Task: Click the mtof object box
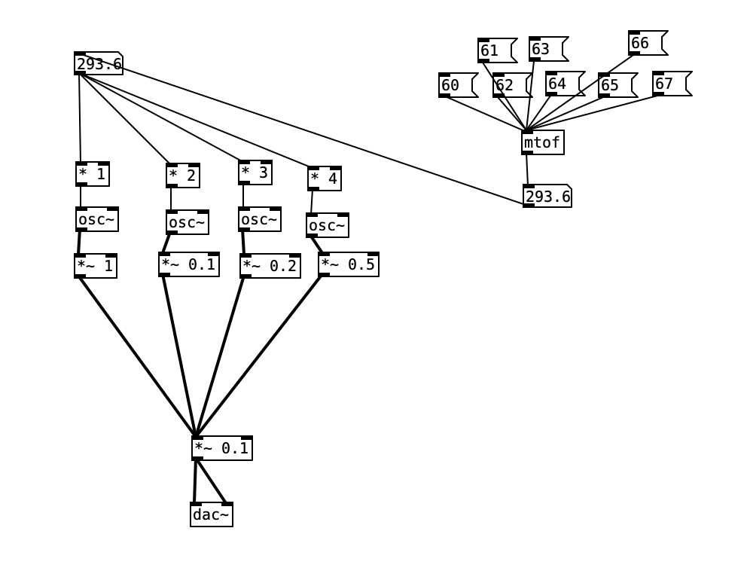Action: click(x=542, y=142)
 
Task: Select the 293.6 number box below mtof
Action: click(x=547, y=197)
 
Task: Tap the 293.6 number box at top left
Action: click(x=98, y=64)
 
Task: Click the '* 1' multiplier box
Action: click(x=93, y=174)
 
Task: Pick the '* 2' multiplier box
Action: click(x=183, y=176)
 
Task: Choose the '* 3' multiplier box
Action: click(x=255, y=172)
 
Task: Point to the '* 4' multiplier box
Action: click(x=325, y=179)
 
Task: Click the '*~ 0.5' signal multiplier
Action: click(x=348, y=264)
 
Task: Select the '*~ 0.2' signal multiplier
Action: click(x=270, y=266)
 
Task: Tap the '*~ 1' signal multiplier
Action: click(x=96, y=266)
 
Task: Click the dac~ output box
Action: click(x=212, y=514)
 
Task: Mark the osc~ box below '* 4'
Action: click(x=328, y=225)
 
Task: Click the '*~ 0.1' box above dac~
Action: click(x=222, y=448)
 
